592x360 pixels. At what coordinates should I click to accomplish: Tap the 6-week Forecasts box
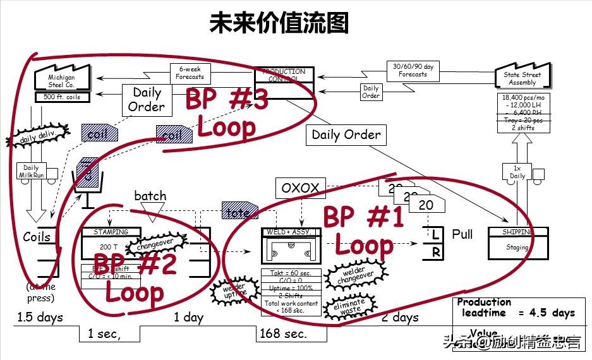pyautogui.click(x=190, y=74)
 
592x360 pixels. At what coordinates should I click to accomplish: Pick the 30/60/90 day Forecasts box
pyautogui.click(x=413, y=70)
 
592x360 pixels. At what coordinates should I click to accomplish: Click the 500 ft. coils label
pyautogui.click(x=62, y=97)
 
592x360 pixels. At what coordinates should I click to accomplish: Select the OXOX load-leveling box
pyautogui.click(x=301, y=188)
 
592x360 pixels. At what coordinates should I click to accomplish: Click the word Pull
pyautogui.click(x=462, y=234)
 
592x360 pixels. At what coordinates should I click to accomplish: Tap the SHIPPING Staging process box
pyautogui.click(x=517, y=243)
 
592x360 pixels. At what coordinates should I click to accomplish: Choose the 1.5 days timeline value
pyautogui.click(x=40, y=317)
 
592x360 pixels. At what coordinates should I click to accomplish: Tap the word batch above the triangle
pyautogui.click(x=150, y=196)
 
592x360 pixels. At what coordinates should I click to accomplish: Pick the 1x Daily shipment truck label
pyautogui.click(x=517, y=172)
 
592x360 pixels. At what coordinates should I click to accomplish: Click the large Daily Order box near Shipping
pyautogui.click(x=346, y=135)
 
